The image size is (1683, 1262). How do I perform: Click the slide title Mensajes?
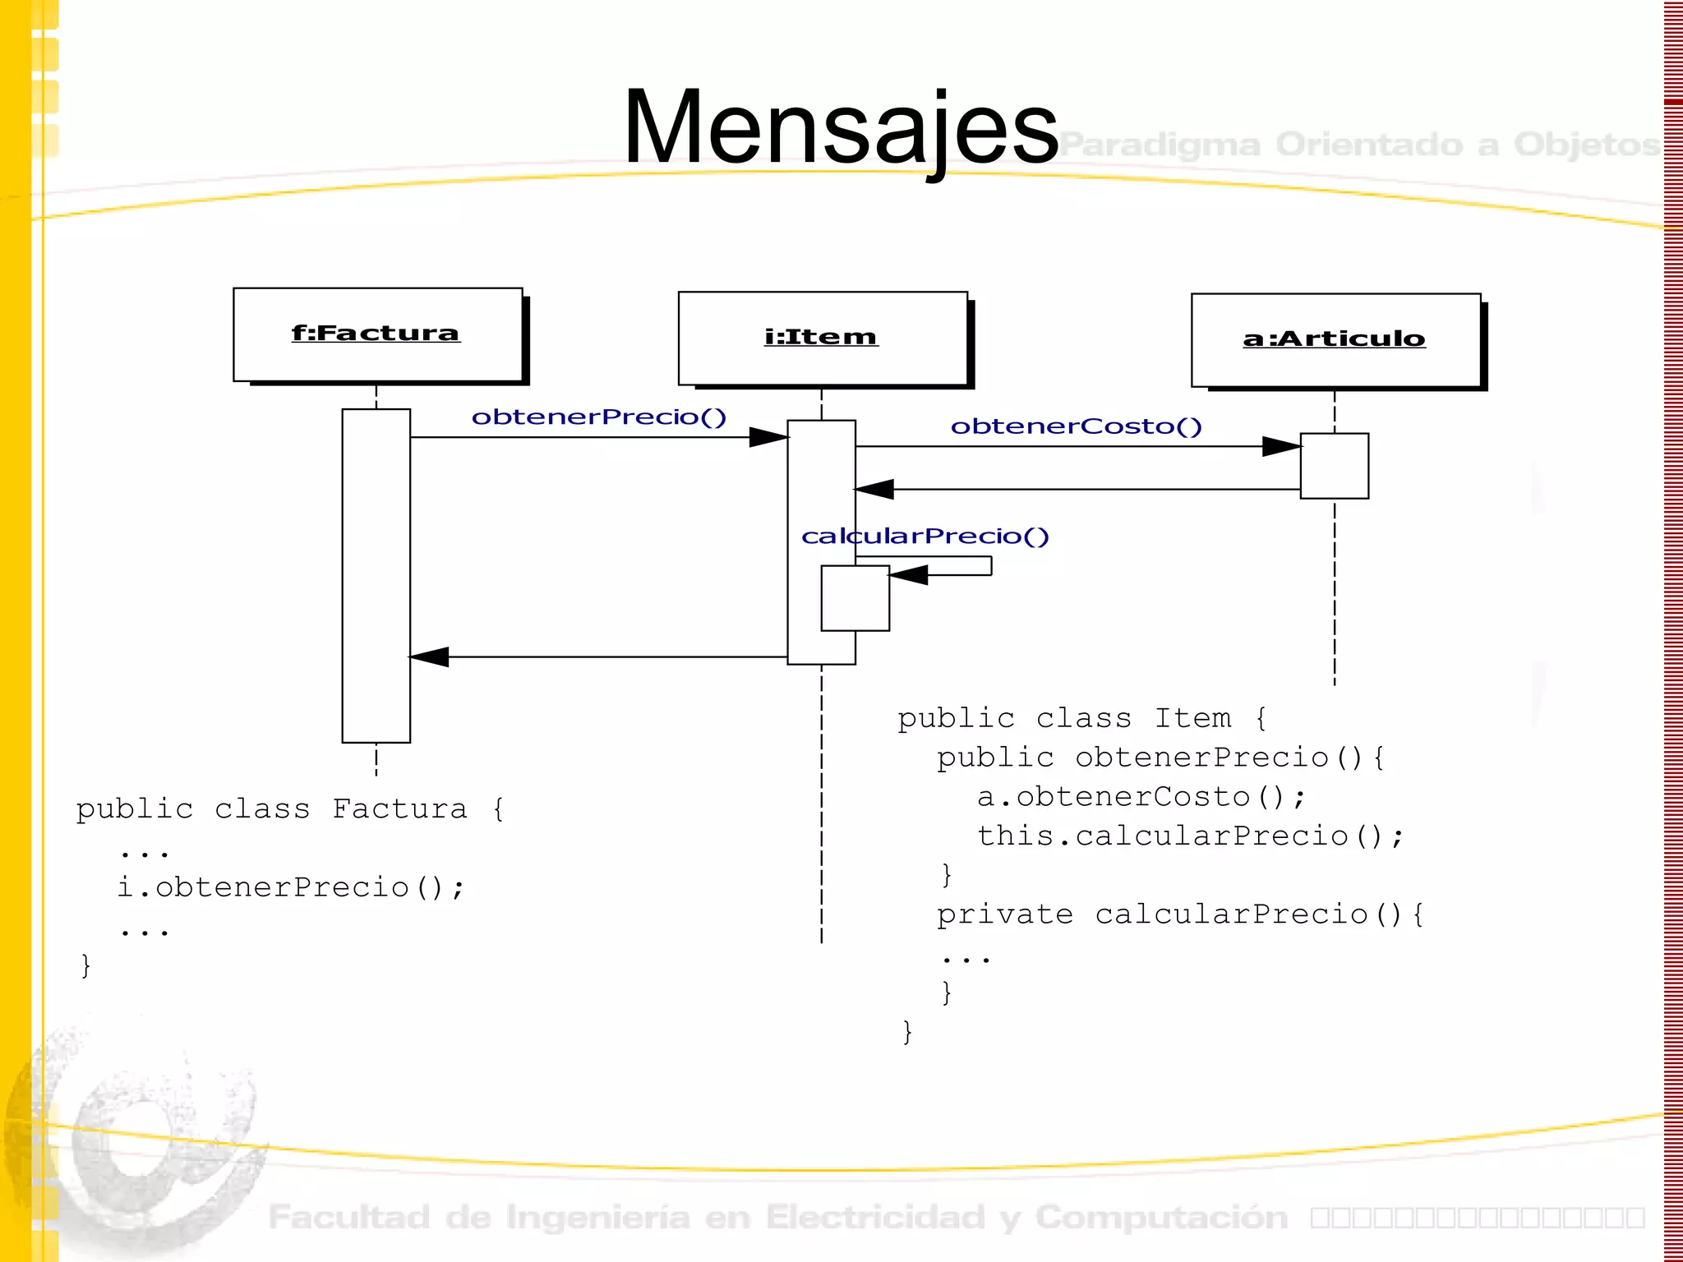click(x=840, y=127)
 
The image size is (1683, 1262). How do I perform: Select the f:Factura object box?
click(x=377, y=334)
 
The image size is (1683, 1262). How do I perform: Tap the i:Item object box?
click(x=822, y=338)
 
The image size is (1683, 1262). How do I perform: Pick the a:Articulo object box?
click(x=1335, y=339)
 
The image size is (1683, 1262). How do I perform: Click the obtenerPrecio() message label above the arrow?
click(x=599, y=417)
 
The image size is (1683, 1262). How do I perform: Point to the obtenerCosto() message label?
click(x=1077, y=426)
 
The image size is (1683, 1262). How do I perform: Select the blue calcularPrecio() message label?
click(x=925, y=537)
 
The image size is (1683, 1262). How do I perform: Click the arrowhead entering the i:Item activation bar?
click(x=768, y=437)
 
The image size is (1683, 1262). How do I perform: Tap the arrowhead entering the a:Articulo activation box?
click(x=1281, y=447)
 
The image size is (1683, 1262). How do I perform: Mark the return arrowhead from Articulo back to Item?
click(x=874, y=490)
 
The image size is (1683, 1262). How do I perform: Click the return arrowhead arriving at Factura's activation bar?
click(x=429, y=657)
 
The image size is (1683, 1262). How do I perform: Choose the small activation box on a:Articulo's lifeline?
click(x=1335, y=466)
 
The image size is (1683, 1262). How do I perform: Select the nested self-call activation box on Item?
click(x=855, y=598)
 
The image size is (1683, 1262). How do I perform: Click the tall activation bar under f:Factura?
click(x=376, y=575)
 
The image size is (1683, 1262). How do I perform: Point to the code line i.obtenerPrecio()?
click(x=291, y=888)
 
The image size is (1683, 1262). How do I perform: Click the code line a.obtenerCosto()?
click(x=1141, y=797)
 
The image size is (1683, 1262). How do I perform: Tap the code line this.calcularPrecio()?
click(x=1191, y=836)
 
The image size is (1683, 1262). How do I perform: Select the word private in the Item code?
click(x=1005, y=915)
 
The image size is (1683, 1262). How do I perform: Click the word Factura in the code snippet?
click(x=400, y=809)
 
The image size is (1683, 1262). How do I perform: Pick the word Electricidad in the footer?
click(x=875, y=1218)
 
